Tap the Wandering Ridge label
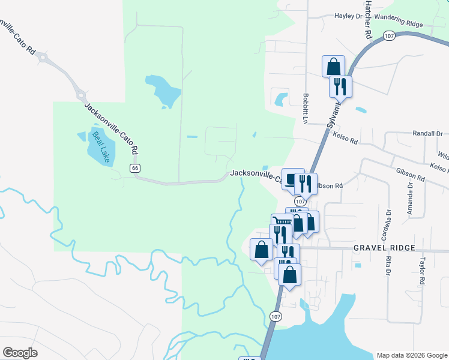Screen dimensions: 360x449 398,23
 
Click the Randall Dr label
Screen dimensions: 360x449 427,134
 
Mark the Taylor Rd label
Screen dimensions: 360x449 423,271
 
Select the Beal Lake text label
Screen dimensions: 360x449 99,147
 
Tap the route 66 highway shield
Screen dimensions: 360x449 135,168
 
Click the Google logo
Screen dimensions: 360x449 20,352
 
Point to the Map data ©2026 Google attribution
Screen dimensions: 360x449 411,355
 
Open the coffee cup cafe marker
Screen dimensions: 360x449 292,179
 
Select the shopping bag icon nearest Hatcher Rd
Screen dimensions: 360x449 333,66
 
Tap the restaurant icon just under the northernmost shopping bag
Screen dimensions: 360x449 340,86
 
